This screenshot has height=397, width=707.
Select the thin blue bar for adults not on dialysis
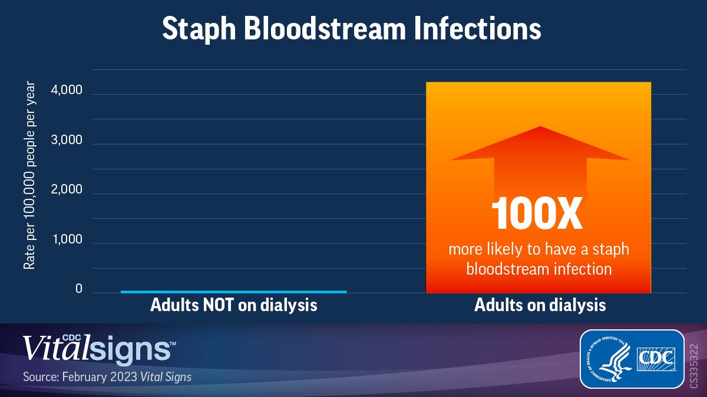click(233, 291)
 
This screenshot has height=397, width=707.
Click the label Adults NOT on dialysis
click(234, 306)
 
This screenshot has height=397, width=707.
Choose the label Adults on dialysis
click(540, 306)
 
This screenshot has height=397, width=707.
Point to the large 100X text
click(537, 213)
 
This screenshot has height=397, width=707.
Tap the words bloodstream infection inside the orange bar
click(538, 269)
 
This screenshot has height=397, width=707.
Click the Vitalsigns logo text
click(98, 348)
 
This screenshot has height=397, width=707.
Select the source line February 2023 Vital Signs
click(107, 376)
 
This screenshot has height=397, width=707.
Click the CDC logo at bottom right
click(659, 358)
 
